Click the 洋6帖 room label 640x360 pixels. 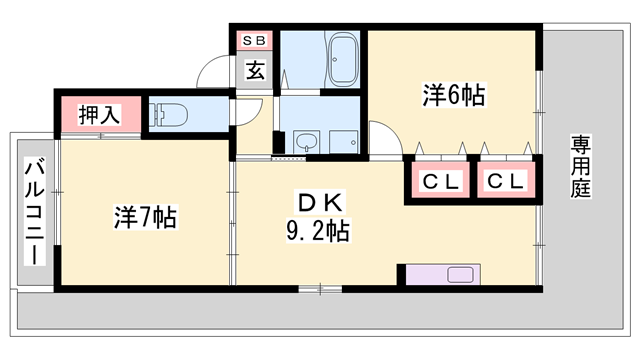454,96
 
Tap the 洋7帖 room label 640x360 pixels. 145,216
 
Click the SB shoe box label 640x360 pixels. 254,41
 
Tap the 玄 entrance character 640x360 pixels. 255,71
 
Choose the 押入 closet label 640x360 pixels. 100,114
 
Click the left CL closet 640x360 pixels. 439,182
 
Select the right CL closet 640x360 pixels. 505,182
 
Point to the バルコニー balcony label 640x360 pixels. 33,212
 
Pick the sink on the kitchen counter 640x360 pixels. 463,275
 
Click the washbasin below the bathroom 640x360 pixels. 303,143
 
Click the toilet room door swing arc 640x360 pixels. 248,112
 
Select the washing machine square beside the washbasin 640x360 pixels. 343,142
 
